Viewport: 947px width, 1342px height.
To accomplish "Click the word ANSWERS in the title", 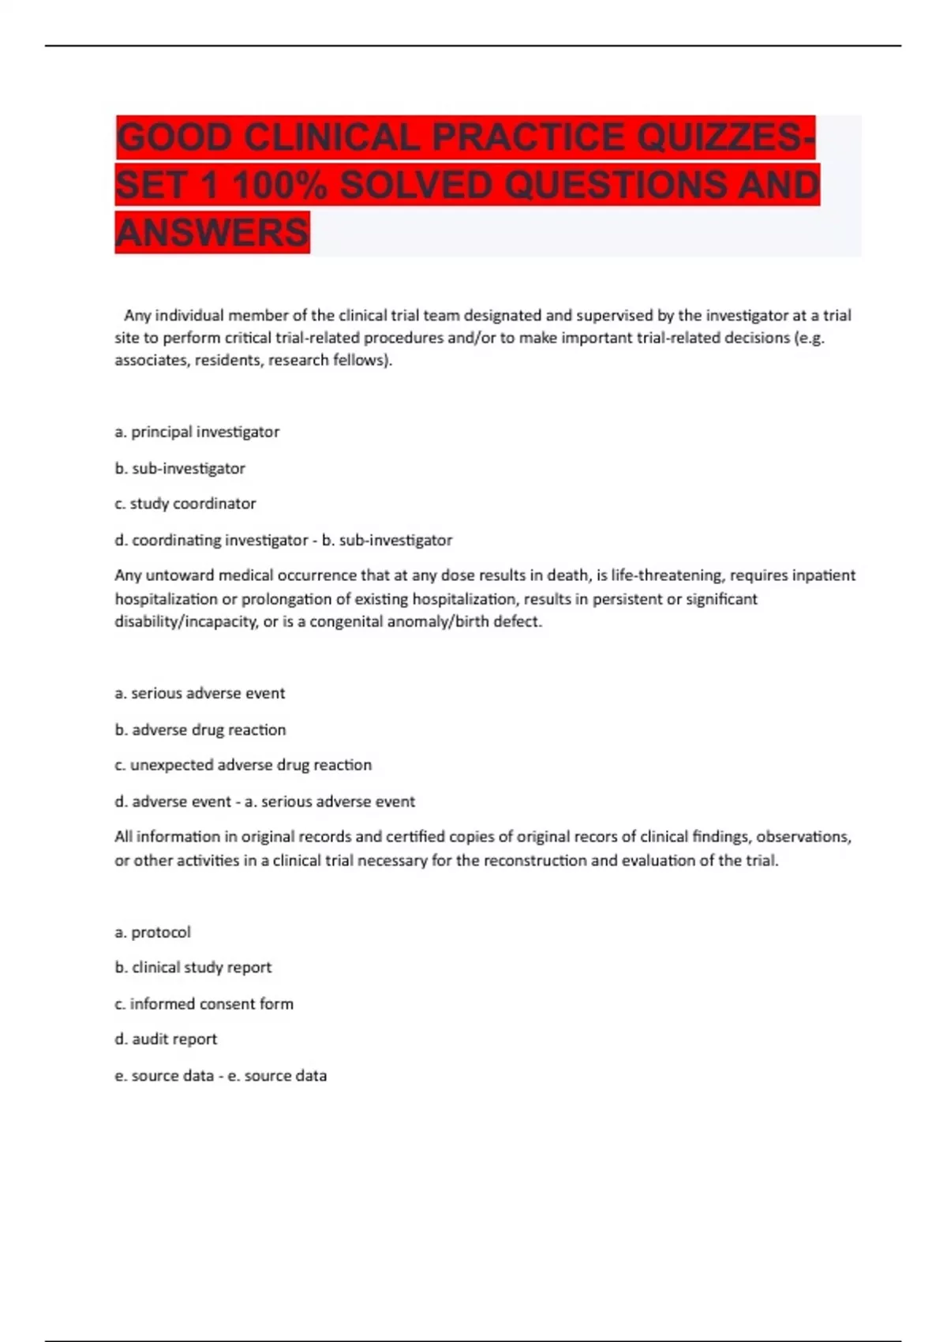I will [x=212, y=233].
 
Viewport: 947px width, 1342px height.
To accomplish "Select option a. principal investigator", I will [x=197, y=432].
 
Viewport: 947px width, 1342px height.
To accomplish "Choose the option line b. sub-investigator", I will [x=180, y=468].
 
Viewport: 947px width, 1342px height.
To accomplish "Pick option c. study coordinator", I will [x=185, y=504].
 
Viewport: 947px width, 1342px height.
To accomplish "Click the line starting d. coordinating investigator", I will [x=283, y=540].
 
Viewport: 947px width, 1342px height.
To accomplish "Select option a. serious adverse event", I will [x=200, y=693].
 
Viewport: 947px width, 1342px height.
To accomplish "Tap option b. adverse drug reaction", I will [x=200, y=729].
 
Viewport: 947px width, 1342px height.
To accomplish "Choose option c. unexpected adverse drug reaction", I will [x=243, y=765].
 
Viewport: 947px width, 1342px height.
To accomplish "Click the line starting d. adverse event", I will [x=264, y=801].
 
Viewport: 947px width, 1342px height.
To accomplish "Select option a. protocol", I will [x=153, y=932].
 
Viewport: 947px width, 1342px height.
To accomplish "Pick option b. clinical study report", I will [x=193, y=967].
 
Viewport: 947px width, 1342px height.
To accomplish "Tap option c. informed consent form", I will [x=204, y=1003].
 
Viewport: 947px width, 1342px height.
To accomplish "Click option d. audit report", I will [x=166, y=1039].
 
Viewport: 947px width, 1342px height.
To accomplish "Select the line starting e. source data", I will [x=220, y=1075].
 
